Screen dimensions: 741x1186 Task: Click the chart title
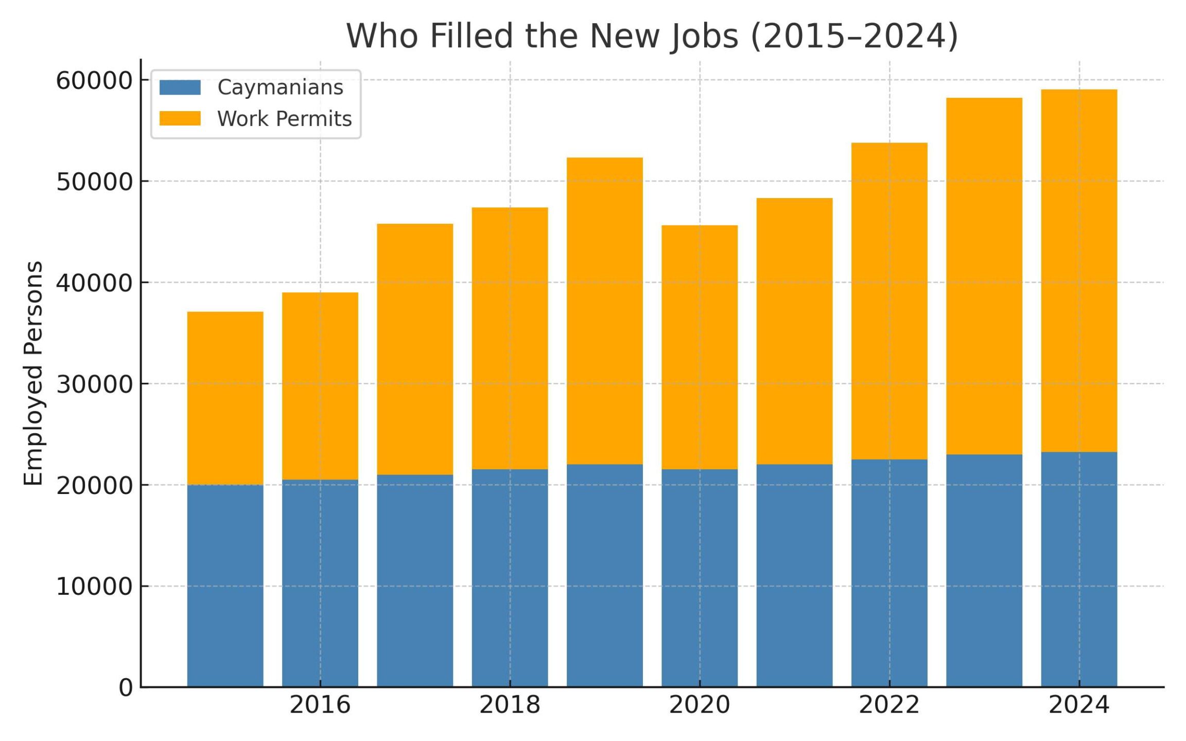click(x=652, y=36)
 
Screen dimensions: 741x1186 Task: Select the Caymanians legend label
click(x=280, y=87)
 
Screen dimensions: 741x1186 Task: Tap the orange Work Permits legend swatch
click(x=180, y=118)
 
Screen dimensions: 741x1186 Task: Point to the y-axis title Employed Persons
click(x=33, y=373)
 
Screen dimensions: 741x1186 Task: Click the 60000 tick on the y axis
click(x=94, y=81)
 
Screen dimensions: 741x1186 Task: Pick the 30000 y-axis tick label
click(x=94, y=384)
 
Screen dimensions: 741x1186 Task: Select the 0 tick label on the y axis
click(x=126, y=687)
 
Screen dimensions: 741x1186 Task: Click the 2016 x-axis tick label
click(x=320, y=705)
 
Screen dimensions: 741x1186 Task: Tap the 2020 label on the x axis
click(x=699, y=705)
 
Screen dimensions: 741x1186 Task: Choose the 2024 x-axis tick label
click(x=1079, y=705)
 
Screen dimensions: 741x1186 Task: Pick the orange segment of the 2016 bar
click(x=320, y=386)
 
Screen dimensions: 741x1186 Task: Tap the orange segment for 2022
click(x=889, y=301)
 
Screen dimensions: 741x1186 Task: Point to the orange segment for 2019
click(x=604, y=311)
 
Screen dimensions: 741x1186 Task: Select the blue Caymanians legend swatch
click(x=180, y=87)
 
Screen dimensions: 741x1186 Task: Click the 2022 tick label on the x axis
click(x=889, y=705)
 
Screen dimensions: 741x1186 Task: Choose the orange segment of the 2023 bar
click(x=984, y=276)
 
